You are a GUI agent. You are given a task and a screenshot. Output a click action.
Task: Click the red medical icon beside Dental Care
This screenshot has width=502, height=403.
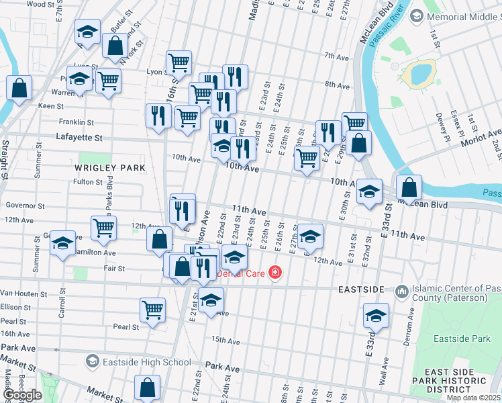[274, 272]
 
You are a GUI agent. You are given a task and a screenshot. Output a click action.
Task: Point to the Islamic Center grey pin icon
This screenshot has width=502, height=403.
[402, 291]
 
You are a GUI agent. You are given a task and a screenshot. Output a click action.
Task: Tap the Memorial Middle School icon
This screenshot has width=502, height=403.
[416, 15]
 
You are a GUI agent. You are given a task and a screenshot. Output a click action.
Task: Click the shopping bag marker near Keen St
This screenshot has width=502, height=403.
[19, 88]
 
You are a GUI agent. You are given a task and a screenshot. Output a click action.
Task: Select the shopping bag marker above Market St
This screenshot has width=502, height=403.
[147, 388]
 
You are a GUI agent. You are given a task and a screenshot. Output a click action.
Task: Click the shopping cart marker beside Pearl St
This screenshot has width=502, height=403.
[152, 310]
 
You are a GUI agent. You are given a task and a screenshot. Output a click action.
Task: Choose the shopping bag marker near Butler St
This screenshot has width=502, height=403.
[115, 46]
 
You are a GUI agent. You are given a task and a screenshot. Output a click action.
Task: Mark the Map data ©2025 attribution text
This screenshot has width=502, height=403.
[473, 398]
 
